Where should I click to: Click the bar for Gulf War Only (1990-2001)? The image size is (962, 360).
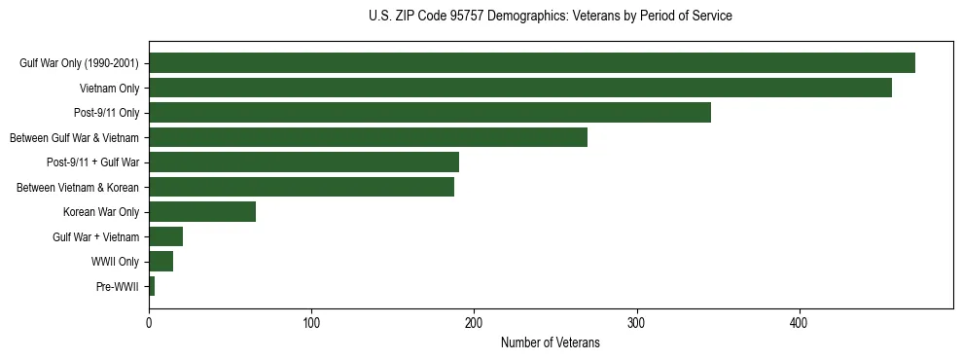pos(532,63)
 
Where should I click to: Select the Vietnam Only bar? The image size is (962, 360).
pos(520,88)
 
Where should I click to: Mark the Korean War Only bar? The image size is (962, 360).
pos(202,212)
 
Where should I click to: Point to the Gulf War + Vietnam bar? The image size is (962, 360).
pos(165,236)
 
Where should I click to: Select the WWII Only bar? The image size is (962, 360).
pos(160,262)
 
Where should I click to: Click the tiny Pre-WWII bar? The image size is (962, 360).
pos(152,286)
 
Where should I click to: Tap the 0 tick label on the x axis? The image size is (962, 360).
pos(149,323)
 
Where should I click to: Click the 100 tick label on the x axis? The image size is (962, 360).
pos(311,323)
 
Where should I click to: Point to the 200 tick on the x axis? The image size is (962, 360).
pos(474,323)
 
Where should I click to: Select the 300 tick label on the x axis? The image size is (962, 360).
pos(636,323)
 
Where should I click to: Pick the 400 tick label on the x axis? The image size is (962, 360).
pos(799,323)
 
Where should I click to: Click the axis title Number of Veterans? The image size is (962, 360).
pos(550,342)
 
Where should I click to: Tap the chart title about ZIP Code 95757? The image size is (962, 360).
pos(550,17)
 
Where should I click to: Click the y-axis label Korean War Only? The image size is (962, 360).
pos(101,212)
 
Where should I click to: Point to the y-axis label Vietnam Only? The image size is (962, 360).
pos(109,89)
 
